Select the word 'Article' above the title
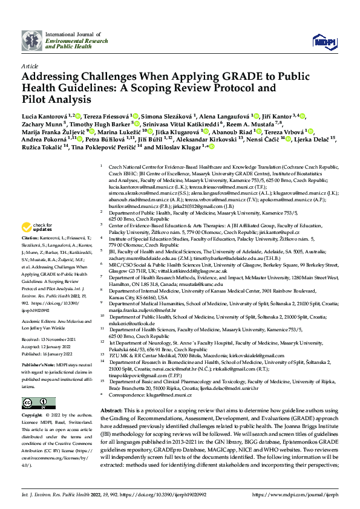click(x=29, y=65)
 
